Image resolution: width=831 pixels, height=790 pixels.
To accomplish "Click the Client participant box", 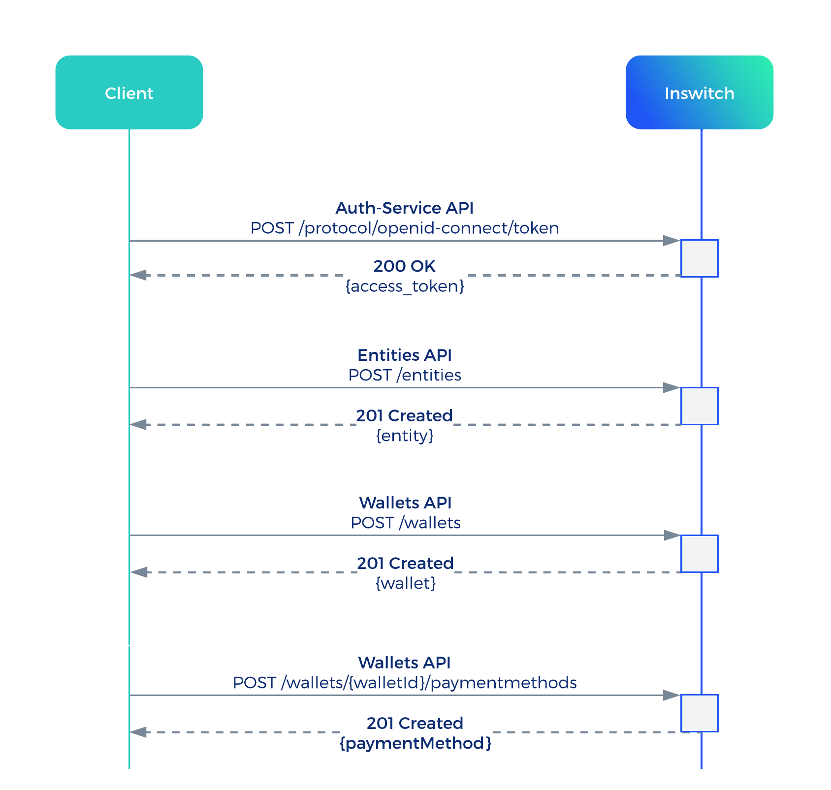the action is [x=129, y=93].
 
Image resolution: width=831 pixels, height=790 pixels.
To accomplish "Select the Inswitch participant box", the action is [x=699, y=93].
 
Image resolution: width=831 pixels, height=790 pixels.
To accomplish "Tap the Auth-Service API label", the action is [x=404, y=208].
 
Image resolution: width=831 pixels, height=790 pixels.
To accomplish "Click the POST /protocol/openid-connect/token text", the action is [x=404, y=228].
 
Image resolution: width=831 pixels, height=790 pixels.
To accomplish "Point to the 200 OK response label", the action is [x=404, y=266].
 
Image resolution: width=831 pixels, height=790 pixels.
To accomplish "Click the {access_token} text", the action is [x=405, y=286].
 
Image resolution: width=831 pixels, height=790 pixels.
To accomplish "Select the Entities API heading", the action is [x=404, y=355].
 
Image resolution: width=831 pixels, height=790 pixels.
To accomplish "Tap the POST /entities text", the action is [x=404, y=375].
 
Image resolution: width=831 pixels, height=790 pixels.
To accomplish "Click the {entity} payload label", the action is [x=405, y=436].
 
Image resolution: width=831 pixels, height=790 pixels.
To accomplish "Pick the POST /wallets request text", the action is [x=405, y=522].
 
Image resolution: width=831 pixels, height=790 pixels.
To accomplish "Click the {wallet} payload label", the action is [x=406, y=583].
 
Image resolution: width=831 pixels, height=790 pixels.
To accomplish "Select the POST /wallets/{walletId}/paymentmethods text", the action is [x=405, y=683].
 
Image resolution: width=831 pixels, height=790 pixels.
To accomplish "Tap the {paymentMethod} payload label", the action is [x=415, y=743].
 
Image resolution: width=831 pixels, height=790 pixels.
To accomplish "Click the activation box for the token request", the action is [x=700, y=258].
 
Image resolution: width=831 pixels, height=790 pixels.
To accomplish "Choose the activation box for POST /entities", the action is [x=700, y=406].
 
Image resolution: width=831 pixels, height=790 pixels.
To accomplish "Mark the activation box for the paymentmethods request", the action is [x=700, y=713].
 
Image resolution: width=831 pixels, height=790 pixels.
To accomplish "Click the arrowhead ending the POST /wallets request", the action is [x=671, y=535].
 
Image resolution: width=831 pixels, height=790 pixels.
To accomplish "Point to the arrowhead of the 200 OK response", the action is [x=138, y=275].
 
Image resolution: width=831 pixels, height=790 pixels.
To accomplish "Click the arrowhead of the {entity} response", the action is [x=138, y=424].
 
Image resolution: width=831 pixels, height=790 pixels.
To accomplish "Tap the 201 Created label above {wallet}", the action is [x=405, y=563].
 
